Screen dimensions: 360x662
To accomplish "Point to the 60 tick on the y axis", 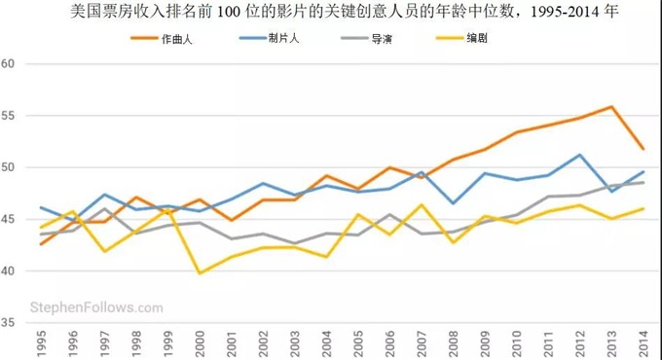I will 9,64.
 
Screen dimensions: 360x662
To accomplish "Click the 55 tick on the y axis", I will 9,116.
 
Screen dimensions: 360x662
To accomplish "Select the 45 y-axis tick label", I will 9,219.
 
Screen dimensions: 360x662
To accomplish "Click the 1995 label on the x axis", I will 42,342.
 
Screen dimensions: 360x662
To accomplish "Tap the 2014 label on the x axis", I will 644,342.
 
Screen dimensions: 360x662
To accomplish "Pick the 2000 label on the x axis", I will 200,342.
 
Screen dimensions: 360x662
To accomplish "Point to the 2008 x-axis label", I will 453,342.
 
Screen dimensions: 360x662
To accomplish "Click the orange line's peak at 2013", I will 611,107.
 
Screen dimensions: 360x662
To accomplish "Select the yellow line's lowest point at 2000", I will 200,272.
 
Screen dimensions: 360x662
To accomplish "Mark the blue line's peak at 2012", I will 580,155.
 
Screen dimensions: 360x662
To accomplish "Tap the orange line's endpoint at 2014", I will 644,149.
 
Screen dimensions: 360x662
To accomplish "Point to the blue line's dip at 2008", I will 453,203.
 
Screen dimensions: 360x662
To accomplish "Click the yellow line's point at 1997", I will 105,251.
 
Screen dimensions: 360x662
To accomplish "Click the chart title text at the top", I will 331,13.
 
